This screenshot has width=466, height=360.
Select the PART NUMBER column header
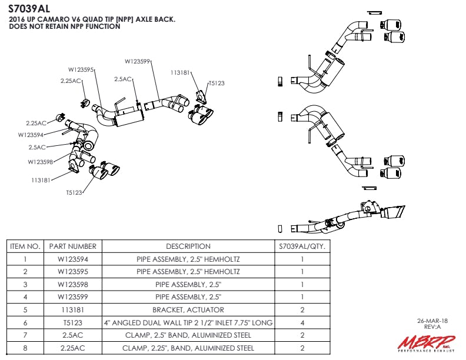pyautogui.click(x=72, y=246)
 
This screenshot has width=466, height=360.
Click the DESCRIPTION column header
pyautogui.click(x=188, y=246)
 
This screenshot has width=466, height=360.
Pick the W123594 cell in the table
pyautogui.click(x=72, y=259)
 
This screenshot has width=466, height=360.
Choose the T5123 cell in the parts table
pyautogui.click(x=72, y=322)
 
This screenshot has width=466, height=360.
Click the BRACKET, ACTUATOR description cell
pyautogui.click(x=188, y=309)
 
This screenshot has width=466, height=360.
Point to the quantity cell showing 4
pyautogui.click(x=302, y=322)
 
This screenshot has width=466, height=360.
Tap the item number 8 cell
pyautogui.click(x=25, y=348)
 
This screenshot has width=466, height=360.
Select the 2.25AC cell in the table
pyautogui.click(x=72, y=348)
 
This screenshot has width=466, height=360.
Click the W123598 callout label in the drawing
pyautogui.click(x=41, y=162)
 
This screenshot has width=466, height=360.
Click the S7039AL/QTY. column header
pyautogui.click(x=302, y=246)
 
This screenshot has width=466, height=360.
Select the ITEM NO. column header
pyautogui.click(x=25, y=246)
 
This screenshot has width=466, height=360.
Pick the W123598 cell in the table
pyautogui.click(x=72, y=284)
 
